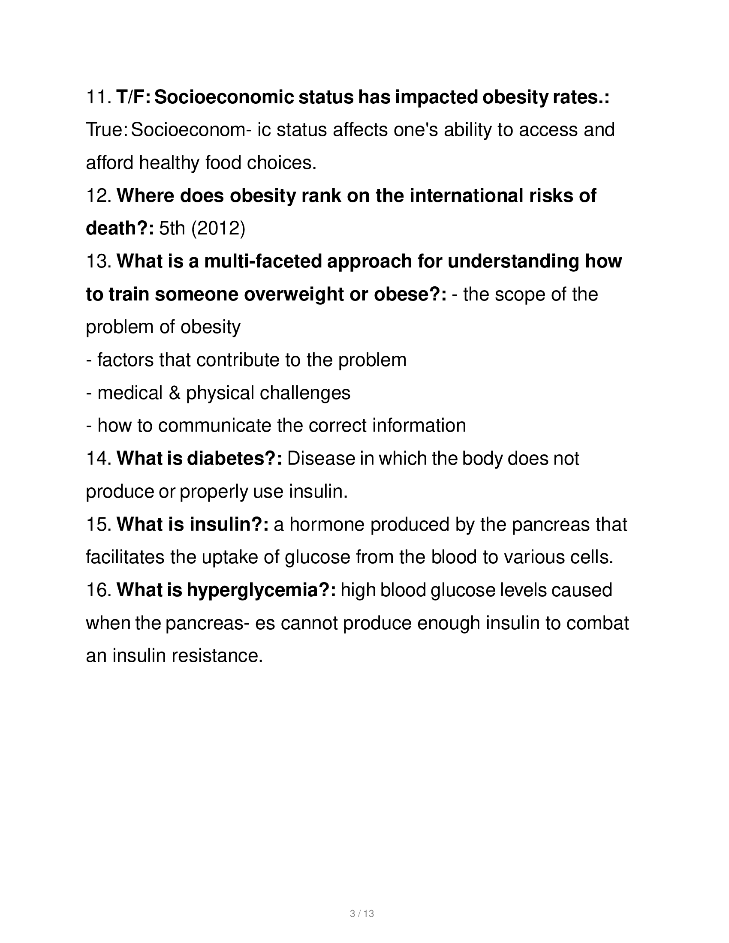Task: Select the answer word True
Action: [x=105, y=130]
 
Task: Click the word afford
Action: [x=110, y=163]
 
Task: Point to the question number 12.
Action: [x=99, y=195]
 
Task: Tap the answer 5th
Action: [x=172, y=228]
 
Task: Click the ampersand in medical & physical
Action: [x=174, y=393]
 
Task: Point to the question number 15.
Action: [x=99, y=524]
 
